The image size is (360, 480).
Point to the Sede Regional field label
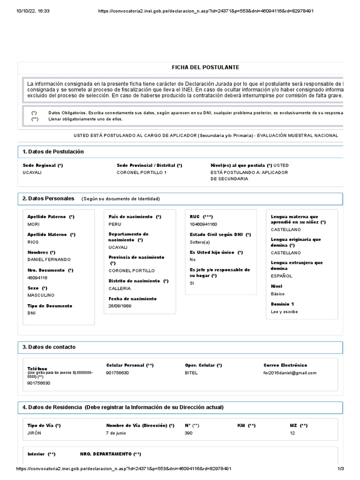pos(43,165)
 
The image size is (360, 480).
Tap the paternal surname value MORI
pos(33,224)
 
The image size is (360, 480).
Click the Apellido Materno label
pos(49,234)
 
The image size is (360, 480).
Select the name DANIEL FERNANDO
pos(49,260)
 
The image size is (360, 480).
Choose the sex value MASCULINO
pos(41,295)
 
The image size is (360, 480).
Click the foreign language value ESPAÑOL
pos(281,276)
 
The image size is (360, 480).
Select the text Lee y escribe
pos(284,312)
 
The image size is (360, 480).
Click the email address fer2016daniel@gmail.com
pos(290,373)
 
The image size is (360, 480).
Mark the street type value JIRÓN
pos(34,433)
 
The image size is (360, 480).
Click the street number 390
pos(189,433)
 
